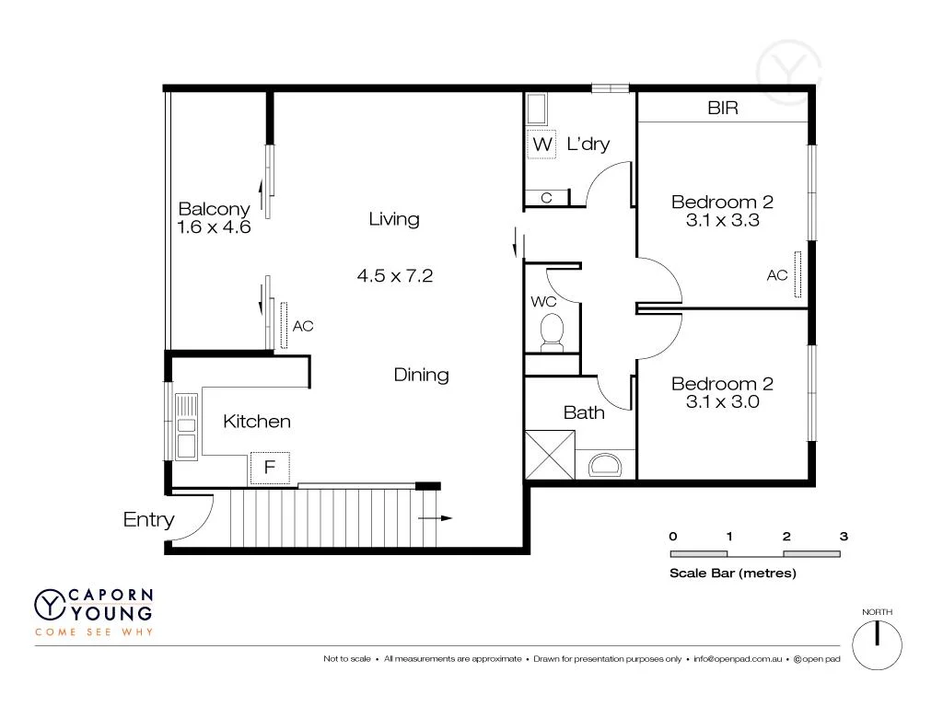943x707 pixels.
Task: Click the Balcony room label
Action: point(214,209)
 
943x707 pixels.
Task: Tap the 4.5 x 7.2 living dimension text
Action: point(394,274)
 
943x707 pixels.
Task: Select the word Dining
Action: point(421,375)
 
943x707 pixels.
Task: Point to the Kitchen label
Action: point(257,422)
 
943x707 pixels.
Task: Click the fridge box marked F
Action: point(270,468)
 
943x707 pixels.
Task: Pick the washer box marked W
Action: point(542,145)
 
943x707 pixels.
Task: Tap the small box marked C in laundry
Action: point(546,198)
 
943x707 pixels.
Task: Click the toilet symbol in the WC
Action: point(552,332)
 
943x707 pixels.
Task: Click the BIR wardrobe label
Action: point(723,109)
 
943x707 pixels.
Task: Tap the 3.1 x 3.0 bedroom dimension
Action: point(722,401)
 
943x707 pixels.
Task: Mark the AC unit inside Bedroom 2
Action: point(798,273)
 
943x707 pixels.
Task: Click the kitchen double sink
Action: point(187,425)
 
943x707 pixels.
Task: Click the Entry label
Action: point(148,520)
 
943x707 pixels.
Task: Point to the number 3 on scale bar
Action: point(843,536)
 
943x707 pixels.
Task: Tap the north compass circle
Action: point(877,643)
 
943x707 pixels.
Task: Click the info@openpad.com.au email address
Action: point(738,659)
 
